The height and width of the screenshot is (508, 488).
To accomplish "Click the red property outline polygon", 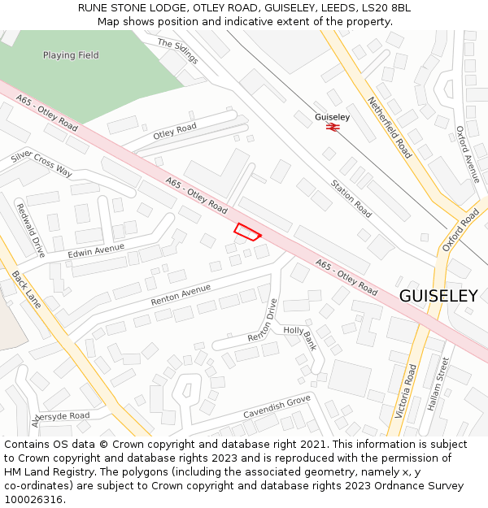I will (248, 232).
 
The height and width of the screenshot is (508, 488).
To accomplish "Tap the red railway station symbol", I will (332, 128).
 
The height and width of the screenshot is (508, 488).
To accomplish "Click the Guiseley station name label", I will (332, 117).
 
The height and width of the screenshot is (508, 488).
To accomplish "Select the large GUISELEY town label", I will (438, 296).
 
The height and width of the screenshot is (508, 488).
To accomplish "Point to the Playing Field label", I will (71, 55).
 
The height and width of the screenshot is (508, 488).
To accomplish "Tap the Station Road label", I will (351, 198).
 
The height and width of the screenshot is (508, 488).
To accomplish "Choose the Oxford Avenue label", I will (468, 154).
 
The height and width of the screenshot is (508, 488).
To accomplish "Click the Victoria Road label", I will (405, 391).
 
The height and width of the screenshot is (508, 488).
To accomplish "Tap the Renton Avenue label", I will (181, 294).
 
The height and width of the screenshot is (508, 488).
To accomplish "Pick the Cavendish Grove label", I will (277, 407).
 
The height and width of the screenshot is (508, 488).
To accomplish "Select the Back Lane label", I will (26, 290).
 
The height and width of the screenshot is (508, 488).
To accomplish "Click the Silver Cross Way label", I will (41, 163).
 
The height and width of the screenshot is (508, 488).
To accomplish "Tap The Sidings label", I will (177, 51).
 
